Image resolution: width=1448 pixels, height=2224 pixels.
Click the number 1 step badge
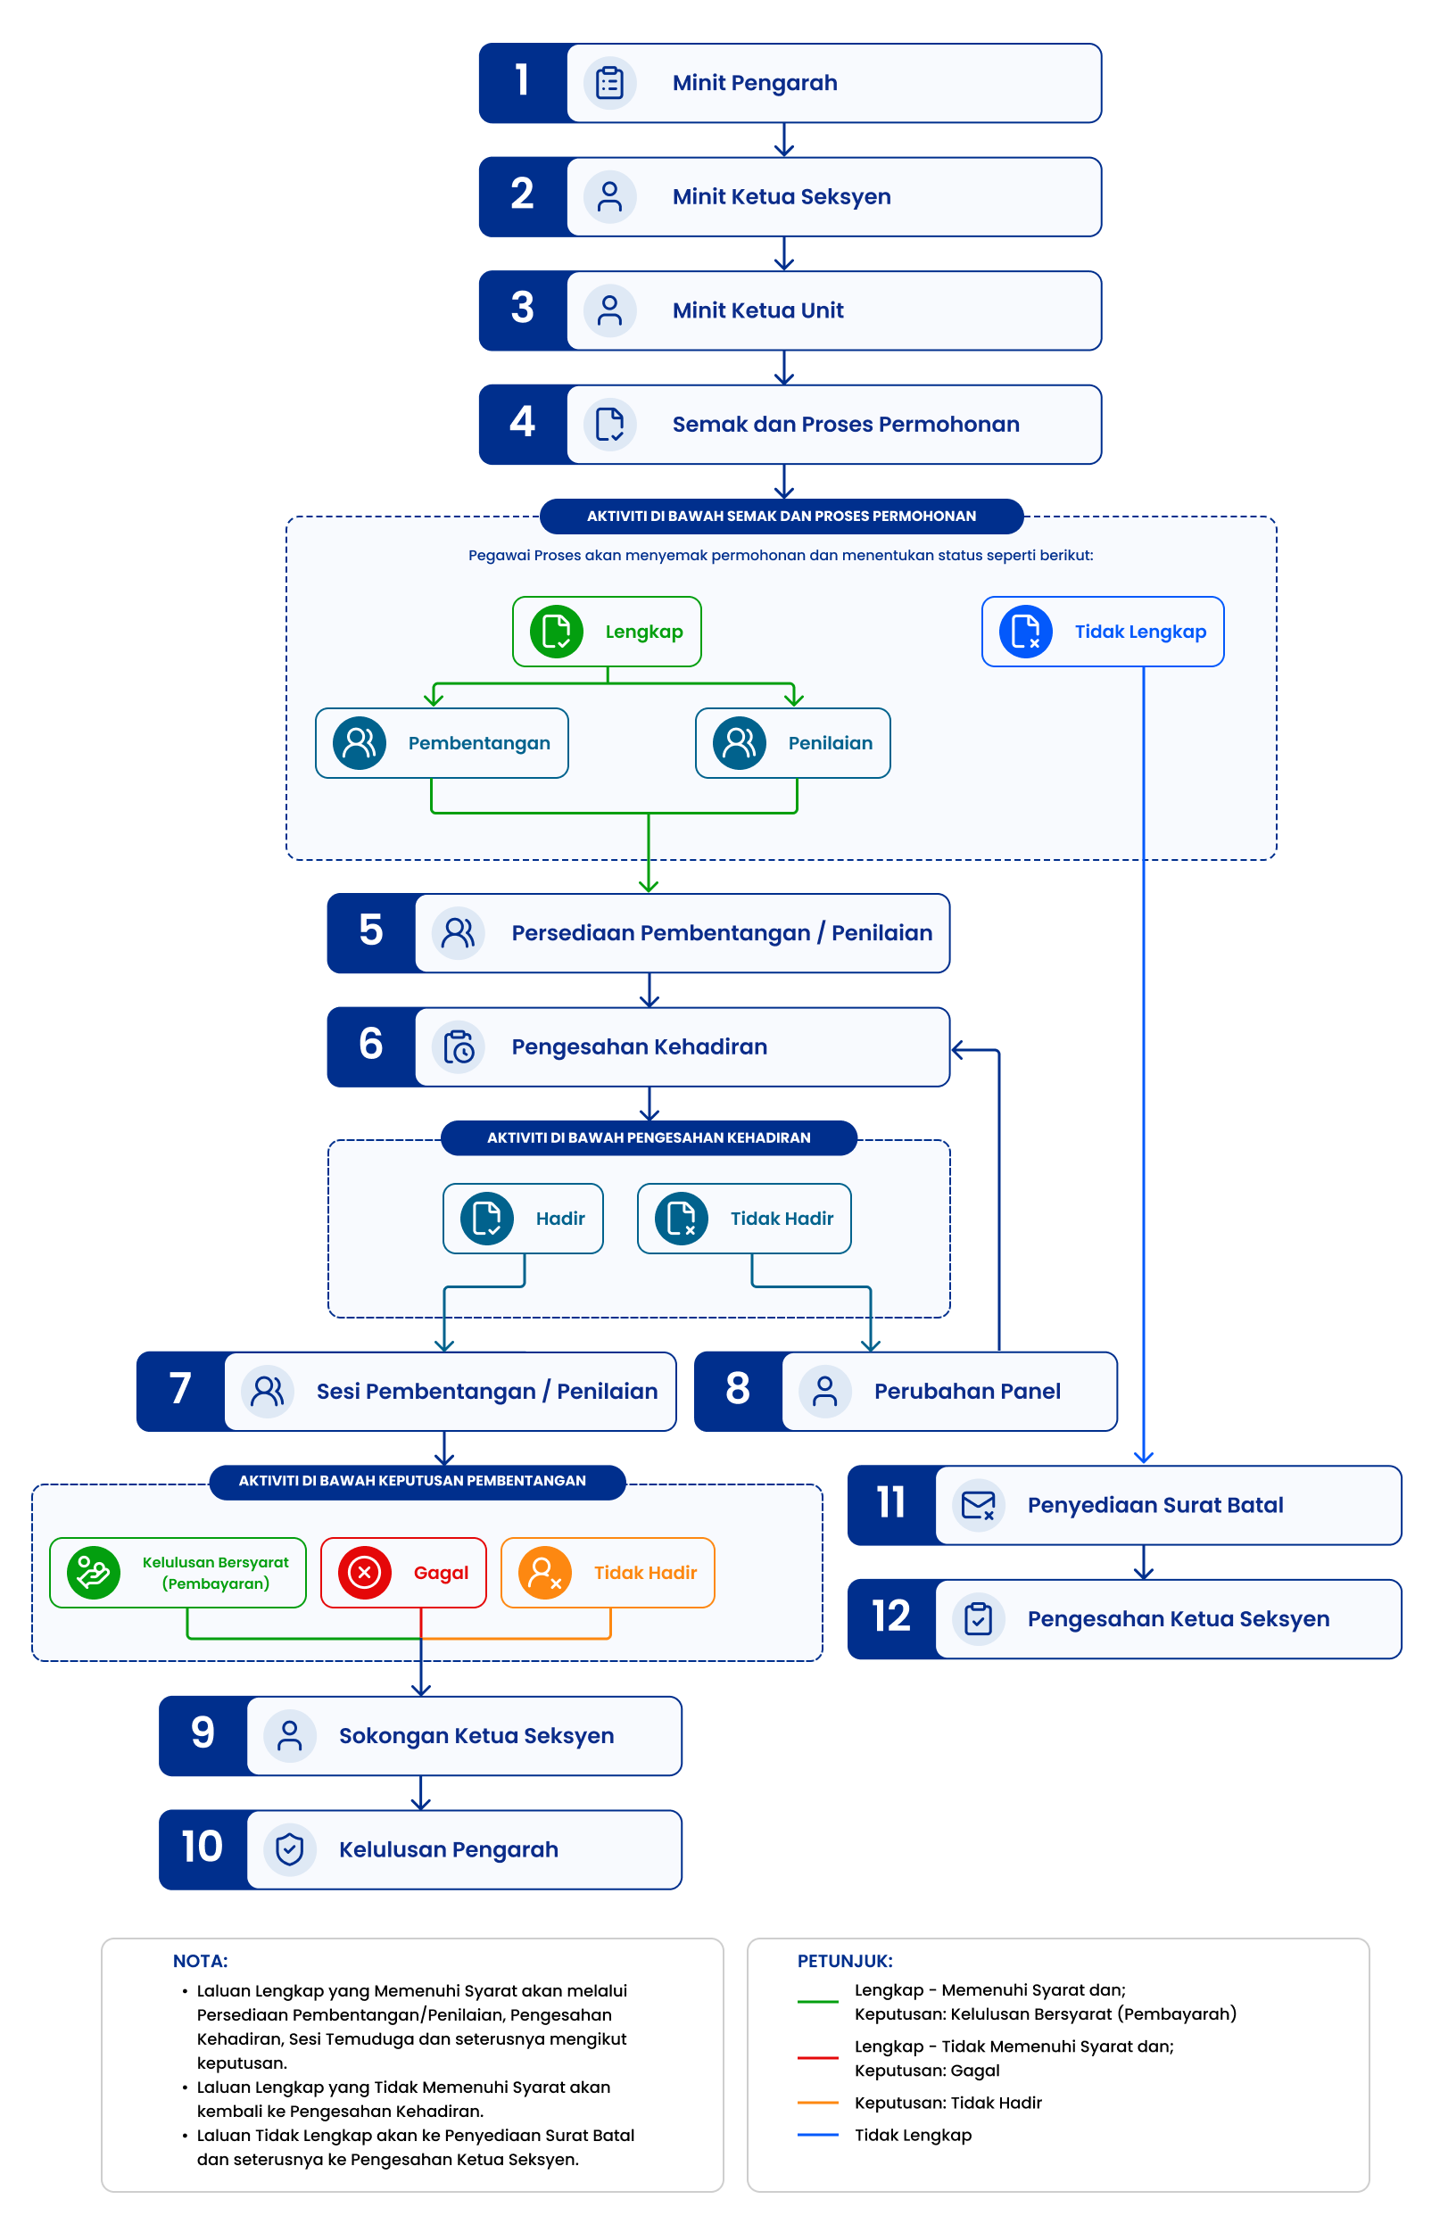523,83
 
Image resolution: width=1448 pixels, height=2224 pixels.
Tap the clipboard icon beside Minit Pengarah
609,83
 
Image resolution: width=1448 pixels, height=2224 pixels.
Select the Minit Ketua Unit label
757,310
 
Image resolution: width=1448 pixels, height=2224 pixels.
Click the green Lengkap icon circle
556,632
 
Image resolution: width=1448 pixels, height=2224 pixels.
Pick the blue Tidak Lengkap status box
1102,632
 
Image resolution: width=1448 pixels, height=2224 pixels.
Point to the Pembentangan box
442,743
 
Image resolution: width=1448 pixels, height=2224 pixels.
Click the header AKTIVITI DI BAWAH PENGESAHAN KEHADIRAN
649,1137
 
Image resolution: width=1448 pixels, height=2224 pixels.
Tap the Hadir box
523,1219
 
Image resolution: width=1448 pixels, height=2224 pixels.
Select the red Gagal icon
365,1573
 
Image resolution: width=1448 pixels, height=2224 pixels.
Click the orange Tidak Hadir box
608,1573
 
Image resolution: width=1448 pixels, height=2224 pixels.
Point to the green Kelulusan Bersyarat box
178,1573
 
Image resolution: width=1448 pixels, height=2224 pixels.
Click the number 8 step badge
738,1392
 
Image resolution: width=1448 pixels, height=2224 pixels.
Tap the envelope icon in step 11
978,1505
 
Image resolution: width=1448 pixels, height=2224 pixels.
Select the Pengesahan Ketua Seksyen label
1178,1619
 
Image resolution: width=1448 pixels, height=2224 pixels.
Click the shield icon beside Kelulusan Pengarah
290,1849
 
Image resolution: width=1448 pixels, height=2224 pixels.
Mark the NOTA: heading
200,1961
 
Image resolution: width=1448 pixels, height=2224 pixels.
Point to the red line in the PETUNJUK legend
817,2058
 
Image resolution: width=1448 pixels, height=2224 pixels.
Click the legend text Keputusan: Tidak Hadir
947,2103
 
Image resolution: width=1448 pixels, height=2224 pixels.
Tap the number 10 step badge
203,1849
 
